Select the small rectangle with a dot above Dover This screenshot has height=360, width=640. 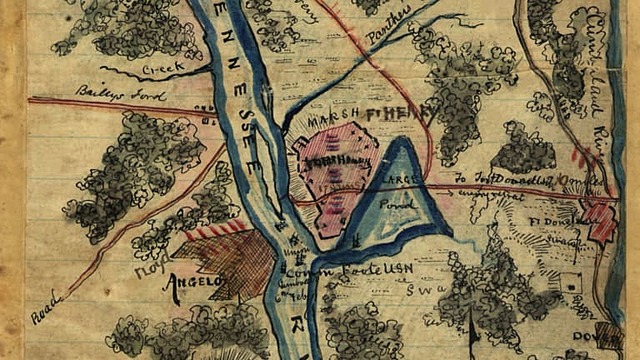(571, 284)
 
